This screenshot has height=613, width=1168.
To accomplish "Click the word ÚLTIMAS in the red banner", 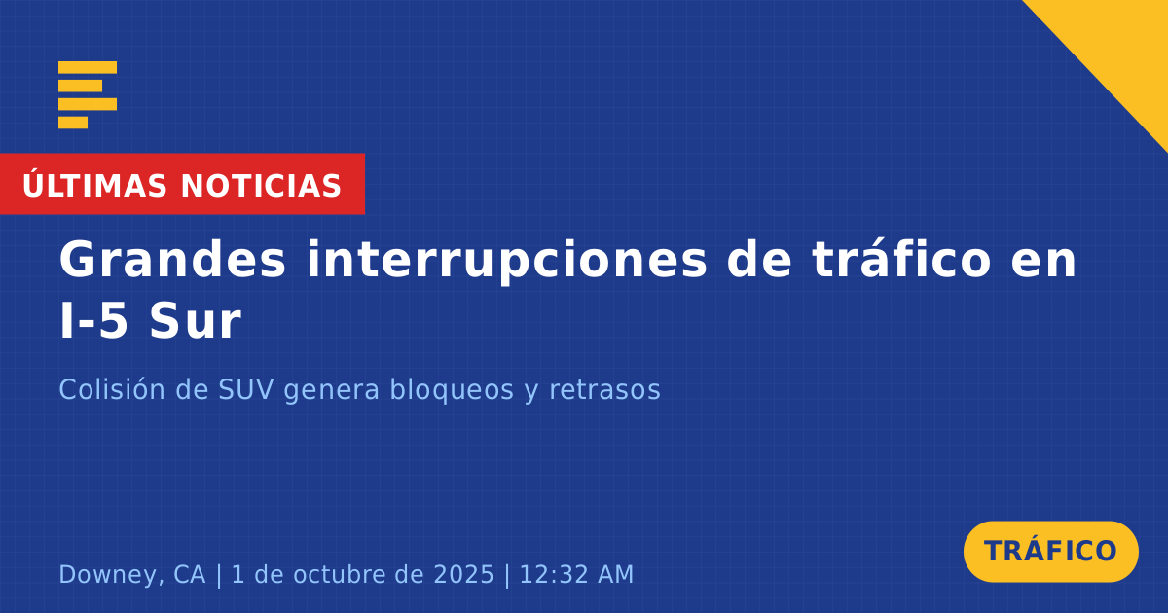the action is click(x=94, y=185).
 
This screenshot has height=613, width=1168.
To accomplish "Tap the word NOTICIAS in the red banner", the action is click(x=261, y=186).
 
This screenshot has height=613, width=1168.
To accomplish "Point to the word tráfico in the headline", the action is click(x=901, y=259).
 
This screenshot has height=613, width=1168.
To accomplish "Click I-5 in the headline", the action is click(x=93, y=321).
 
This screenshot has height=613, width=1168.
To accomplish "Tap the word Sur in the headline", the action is click(x=195, y=321).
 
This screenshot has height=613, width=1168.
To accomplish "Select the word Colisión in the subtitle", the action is click(x=112, y=389).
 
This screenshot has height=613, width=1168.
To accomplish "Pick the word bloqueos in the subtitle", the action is click(x=452, y=389).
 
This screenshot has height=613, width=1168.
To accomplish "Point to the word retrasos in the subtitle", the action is click(x=604, y=390).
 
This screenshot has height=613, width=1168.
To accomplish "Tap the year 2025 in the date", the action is click(x=463, y=574).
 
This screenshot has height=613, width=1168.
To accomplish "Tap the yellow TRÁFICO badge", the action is click(x=1050, y=552).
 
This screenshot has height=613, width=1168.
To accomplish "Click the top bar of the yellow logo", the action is click(x=88, y=67).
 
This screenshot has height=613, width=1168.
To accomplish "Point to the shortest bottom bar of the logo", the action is click(x=73, y=123).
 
